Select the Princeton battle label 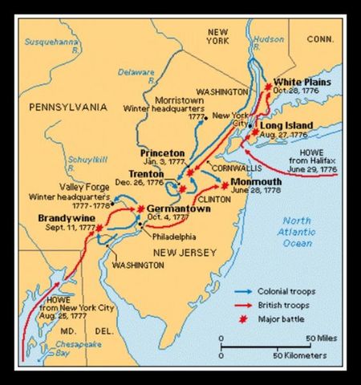[x=162, y=152]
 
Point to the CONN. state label [x=319, y=38]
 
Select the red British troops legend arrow [x=245, y=306]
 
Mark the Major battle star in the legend [x=245, y=319]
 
